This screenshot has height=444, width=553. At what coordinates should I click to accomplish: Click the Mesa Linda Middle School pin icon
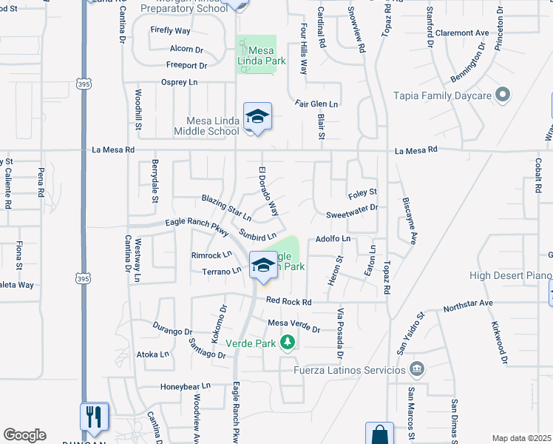pos(257,117)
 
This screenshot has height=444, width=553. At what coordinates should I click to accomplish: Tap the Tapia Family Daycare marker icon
pos(503,94)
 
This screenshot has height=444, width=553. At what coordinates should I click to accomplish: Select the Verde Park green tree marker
pos(288,343)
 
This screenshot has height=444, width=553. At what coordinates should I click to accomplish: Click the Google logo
pos(24,435)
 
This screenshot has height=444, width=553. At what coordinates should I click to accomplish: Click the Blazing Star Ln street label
pos(226,209)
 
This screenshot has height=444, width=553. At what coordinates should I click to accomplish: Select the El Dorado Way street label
pos(268,192)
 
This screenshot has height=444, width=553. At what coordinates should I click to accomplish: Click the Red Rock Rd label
pos(289,301)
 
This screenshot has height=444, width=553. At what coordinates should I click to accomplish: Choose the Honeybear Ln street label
pos(186,386)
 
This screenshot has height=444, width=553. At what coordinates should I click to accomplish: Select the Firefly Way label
pos(170,31)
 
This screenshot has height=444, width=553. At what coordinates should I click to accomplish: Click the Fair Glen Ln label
pos(316,104)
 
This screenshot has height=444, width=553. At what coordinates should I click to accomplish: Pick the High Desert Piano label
pos(511,276)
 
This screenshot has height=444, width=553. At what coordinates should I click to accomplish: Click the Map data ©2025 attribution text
pos(521,438)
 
